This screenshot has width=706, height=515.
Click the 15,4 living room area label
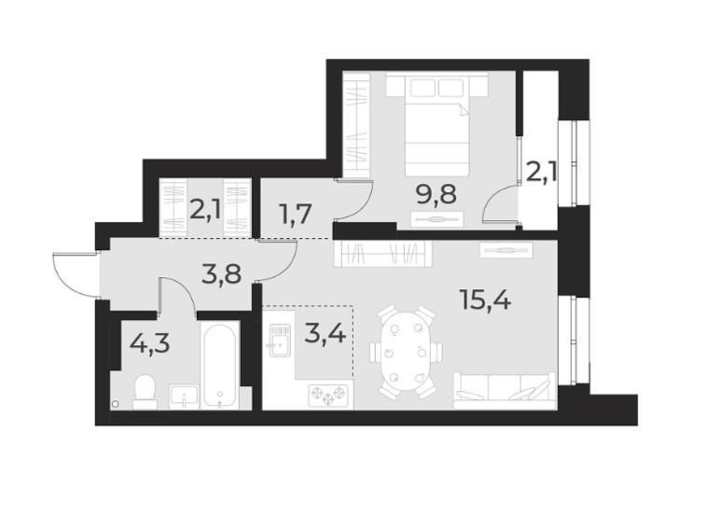(x=484, y=300)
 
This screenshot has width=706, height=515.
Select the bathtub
(x=221, y=366)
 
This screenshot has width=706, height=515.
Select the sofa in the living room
(x=504, y=390)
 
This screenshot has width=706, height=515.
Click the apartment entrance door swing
(x=75, y=275)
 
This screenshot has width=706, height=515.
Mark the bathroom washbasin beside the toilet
(x=183, y=397)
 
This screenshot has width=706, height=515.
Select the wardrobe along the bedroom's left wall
(x=355, y=126)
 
